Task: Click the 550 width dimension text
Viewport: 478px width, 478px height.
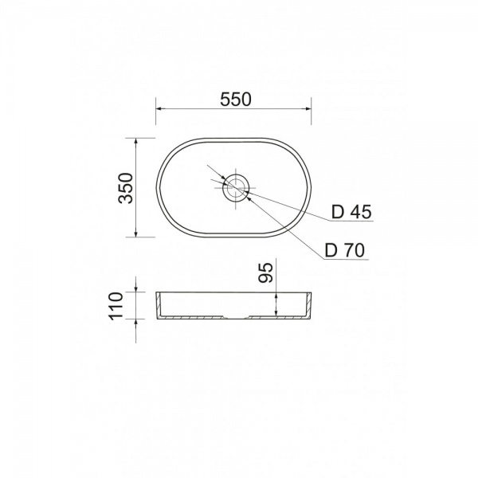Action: point(236,100)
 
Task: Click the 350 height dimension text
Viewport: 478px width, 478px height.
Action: point(126,188)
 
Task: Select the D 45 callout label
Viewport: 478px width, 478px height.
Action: point(351,212)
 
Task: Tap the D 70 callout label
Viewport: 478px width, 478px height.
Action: point(345,251)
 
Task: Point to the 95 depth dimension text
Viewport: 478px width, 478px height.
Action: point(266,272)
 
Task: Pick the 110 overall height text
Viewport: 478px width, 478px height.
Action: point(116,306)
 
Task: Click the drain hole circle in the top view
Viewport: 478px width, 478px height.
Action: point(236,188)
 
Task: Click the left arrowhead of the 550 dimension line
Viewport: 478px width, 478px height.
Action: point(159,108)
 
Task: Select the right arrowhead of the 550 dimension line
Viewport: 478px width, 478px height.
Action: point(308,108)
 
